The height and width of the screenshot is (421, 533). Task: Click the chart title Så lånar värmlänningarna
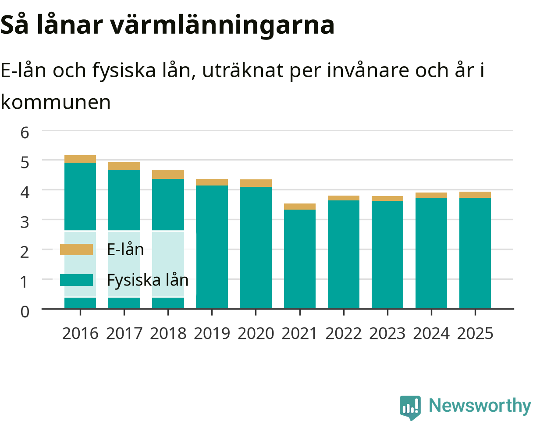click(x=167, y=25)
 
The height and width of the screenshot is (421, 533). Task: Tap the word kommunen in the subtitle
click(x=56, y=102)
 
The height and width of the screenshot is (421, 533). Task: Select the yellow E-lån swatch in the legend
click(x=76, y=249)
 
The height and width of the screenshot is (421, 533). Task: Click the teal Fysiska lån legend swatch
click(x=76, y=280)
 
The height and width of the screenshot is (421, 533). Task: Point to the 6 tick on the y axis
click(x=25, y=133)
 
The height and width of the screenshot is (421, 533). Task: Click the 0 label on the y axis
click(x=25, y=312)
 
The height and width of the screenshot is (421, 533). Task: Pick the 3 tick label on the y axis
click(x=25, y=222)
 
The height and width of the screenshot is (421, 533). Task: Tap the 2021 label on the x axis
click(x=299, y=334)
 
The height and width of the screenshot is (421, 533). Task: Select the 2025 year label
click(x=475, y=334)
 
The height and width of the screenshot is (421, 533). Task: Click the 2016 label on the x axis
click(x=80, y=334)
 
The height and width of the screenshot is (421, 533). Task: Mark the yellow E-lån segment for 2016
click(x=80, y=159)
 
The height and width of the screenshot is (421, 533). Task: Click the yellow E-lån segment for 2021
click(x=300, y=207)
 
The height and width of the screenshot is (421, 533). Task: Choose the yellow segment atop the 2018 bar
click(x=168, y=174)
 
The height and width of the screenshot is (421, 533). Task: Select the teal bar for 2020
click(x=256, y=247)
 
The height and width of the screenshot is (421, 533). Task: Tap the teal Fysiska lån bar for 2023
click(x=387, y=254)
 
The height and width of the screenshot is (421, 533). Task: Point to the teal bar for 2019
click(x=212, y=247)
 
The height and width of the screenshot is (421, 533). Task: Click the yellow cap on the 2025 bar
click(x=475, y=195)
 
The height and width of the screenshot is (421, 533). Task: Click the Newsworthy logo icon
click(x=410, y=407)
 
